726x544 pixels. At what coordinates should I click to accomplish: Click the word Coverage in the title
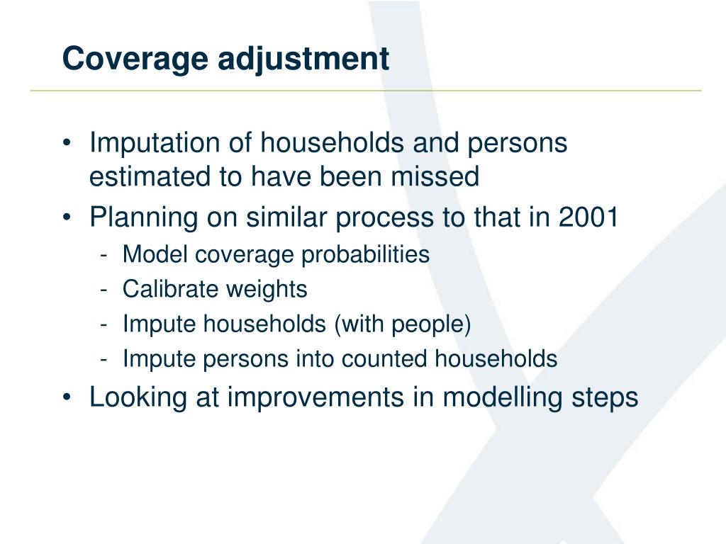pyautogui.click(x=135, y=59)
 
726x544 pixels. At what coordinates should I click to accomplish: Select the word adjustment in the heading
pyautogui.click(x=303, y=59)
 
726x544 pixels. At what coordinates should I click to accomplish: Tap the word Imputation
pyautogui.click(x=154, y=143)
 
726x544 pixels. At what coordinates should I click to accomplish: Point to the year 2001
pyautogui.click(x=588, y=217)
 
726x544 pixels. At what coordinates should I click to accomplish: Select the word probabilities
pyautogui.click(x=365, y=255)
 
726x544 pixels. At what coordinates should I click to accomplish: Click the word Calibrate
pyautogui.click(x=170, y=289)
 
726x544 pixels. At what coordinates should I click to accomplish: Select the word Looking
pyautogui.click(x=138, y=397)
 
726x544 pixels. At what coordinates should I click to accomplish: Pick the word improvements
pyautogui.click(x=315, y=397)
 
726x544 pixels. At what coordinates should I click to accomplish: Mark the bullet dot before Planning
pyautogui.click(x=67, y=217)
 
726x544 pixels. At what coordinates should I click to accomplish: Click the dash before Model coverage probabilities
pyautogui.click(x=104, y=255)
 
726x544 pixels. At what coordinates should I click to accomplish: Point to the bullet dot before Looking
pyautogui.click(x=67, y=397)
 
